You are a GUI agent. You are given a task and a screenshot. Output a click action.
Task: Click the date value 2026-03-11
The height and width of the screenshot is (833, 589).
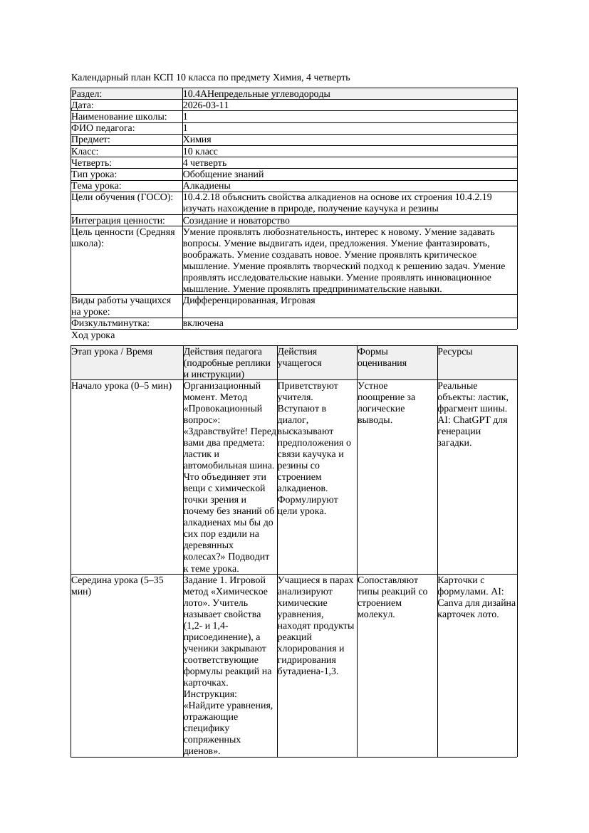point(206,105)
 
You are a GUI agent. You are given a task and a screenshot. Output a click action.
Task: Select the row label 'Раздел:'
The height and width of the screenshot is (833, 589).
point(87,94)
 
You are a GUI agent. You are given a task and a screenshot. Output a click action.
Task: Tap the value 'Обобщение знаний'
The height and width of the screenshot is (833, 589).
point(223,174)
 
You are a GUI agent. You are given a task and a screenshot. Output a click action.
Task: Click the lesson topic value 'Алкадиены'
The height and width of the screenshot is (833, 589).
point(207,186)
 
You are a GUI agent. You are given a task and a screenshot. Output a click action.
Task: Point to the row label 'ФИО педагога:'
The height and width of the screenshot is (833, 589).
point(103,128)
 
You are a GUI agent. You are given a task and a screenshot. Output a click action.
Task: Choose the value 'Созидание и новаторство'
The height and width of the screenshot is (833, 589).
point(236,221)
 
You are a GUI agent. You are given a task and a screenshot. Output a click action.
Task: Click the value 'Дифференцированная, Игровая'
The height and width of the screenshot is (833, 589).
point(249,300)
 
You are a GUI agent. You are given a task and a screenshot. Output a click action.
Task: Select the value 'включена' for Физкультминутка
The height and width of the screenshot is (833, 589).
point(203,323)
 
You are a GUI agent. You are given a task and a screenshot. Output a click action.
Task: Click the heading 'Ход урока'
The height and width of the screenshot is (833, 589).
point(93,335)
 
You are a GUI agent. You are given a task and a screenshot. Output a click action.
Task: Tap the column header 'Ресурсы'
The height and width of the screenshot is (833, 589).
point(455,352)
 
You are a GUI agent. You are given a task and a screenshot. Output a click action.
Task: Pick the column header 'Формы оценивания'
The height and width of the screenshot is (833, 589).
point(382,357)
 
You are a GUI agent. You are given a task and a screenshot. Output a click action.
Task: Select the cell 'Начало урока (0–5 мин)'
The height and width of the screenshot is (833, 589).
point(121,386)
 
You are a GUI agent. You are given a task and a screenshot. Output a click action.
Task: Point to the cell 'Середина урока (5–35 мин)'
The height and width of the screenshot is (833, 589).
point(118,585)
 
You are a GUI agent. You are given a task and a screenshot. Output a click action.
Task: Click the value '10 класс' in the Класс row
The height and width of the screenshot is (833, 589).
point(200,152)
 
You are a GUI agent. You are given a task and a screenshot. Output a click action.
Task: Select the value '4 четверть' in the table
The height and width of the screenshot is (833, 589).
point(204,163)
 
